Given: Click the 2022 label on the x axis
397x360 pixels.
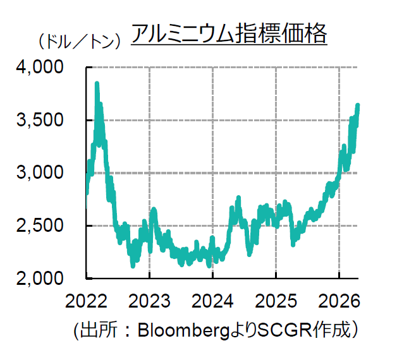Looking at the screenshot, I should point(85,301).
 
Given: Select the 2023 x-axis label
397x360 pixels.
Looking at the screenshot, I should point(149,301).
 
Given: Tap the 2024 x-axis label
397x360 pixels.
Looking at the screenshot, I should point(213,301).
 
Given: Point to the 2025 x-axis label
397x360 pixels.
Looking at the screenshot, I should point(276,301).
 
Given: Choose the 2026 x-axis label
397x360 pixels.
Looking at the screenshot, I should point(339,301).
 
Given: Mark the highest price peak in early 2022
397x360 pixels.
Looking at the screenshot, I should point(97,83).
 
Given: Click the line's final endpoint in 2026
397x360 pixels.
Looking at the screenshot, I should point(358,105).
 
